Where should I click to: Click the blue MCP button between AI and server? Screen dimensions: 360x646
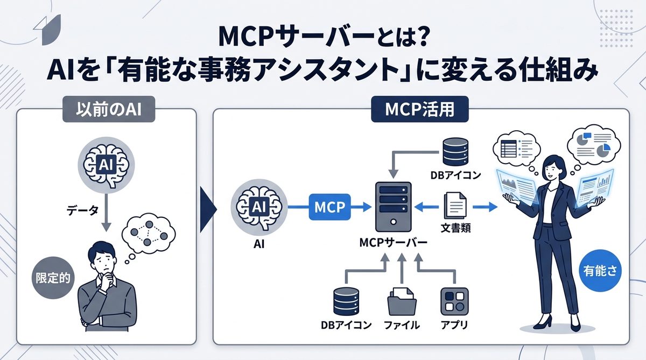click(x=329, y=207)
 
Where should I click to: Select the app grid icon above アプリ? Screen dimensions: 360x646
click(x=454, y=300)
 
